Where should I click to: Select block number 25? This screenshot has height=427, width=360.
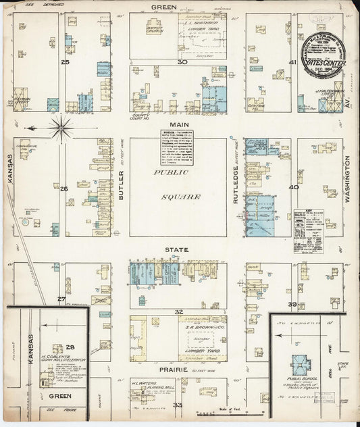coord(65,61)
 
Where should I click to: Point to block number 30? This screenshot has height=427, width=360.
coord(181,61)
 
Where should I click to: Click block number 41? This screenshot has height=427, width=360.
coord(292,62)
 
